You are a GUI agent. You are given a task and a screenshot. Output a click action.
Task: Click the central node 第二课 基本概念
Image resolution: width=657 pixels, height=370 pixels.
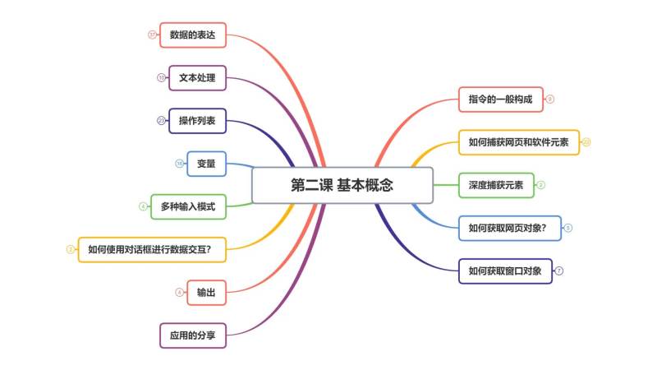pyautogui.click(x=342, y=185)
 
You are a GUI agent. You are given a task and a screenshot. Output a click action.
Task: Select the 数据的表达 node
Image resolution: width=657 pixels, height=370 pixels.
pyautogui.click(x=192, y=35)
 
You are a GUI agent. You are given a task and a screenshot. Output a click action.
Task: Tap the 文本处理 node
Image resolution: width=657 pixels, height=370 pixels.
pyautogui.click(x=197, y=78)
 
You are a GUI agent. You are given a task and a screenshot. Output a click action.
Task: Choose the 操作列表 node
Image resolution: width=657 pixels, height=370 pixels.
pyautogui.click(x=197, y=121)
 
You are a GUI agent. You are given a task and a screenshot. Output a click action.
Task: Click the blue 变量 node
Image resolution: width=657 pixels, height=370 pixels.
pyautogui.click(x=206, y=164)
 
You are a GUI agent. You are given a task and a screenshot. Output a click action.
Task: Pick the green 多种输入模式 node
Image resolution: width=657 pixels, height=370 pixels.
pyautogui.click(x=188, y=206)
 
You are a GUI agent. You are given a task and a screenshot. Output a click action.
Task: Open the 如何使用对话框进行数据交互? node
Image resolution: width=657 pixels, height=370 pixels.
pyautogui.click(x=155, y=249)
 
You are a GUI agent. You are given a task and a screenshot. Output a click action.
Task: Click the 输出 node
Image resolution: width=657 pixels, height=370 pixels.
pyautogui.click(x=206, y=292)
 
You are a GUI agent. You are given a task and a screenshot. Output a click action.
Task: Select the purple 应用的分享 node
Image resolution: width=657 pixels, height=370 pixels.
pyautogui.click(x=192, y=335)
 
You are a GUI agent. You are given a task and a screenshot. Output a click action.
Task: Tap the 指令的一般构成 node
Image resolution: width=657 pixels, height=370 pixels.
pyautogui.click(x=500, y=99)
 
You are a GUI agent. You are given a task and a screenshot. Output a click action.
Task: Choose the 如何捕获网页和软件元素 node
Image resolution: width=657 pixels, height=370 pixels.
pyautogui.click(x=518, y=142)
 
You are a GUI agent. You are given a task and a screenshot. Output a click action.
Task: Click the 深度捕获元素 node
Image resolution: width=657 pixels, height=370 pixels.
pyautogui.click(x=495, y=185)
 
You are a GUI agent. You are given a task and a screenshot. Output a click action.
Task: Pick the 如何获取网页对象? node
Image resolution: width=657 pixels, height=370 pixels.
pyautogui.click(x=509, y=228)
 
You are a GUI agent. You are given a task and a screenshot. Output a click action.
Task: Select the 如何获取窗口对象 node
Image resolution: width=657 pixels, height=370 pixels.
pyautogui.click(x=504, y=271)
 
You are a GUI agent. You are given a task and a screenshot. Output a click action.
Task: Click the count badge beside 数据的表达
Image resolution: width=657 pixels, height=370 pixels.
pyautogui.click(x=152, y=35)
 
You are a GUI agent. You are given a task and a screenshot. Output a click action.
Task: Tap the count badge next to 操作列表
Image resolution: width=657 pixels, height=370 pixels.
pyautogui.click(x=161, y=121)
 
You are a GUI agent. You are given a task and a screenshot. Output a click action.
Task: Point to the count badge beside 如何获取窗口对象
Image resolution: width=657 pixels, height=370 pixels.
pyautogui.click(x=559, y=271)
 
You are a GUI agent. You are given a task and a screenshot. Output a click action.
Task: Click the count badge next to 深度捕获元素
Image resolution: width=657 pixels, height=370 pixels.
pyautogui.click(x=540, y=185)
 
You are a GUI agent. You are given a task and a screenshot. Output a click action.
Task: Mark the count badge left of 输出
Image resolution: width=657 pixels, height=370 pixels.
pyautogui.click(x=180, y=292)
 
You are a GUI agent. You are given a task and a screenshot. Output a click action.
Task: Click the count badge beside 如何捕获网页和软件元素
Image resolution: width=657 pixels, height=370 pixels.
pyautogui.click(x=586, y=142)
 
